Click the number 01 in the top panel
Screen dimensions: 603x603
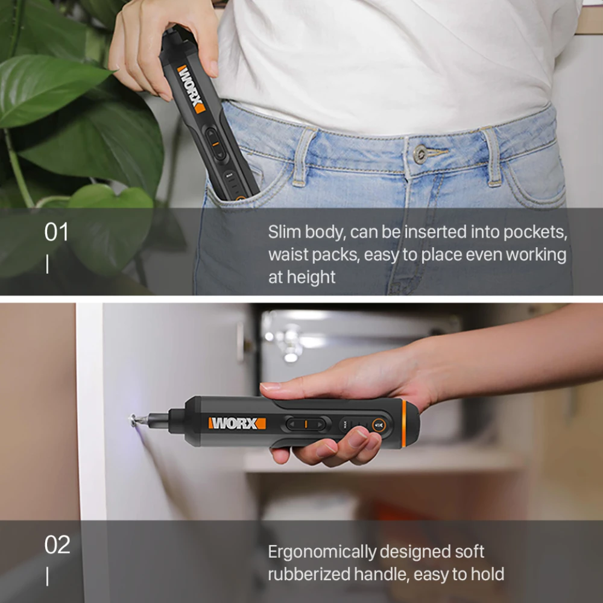click(56, 232)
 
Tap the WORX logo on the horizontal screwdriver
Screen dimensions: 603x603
click(237, 423)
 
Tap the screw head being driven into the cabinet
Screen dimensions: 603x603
click(133, 420)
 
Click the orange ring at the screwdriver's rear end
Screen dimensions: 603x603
click(404, 424)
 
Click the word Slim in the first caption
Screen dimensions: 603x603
click(284, 232)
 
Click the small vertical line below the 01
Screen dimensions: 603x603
click(47, 265)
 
